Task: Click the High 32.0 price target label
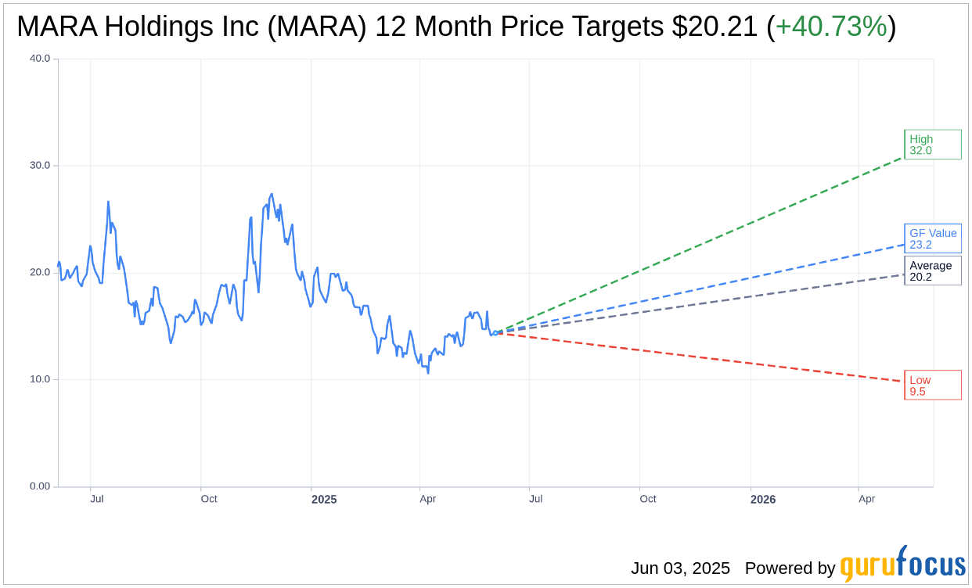[932, 145]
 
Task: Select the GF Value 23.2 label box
[932, 238]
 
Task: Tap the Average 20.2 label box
[932, 271]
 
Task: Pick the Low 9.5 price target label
[932, 385]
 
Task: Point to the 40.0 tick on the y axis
[39, 59]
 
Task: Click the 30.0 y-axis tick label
[39, 166]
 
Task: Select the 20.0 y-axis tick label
[39, 273]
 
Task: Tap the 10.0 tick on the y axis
[39, 380]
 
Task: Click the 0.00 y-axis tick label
[39, 486]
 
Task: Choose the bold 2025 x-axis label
[324, 499]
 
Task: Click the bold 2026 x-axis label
[763, 499]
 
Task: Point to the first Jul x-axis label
[97, 499]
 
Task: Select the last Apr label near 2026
[866, 499]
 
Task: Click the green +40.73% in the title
[831, 27]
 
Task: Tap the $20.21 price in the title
[715, 27]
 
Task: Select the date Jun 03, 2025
[680, 568]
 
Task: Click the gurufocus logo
[902, 565]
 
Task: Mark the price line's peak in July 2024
[108, 202]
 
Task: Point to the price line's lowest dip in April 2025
[428, 373]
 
